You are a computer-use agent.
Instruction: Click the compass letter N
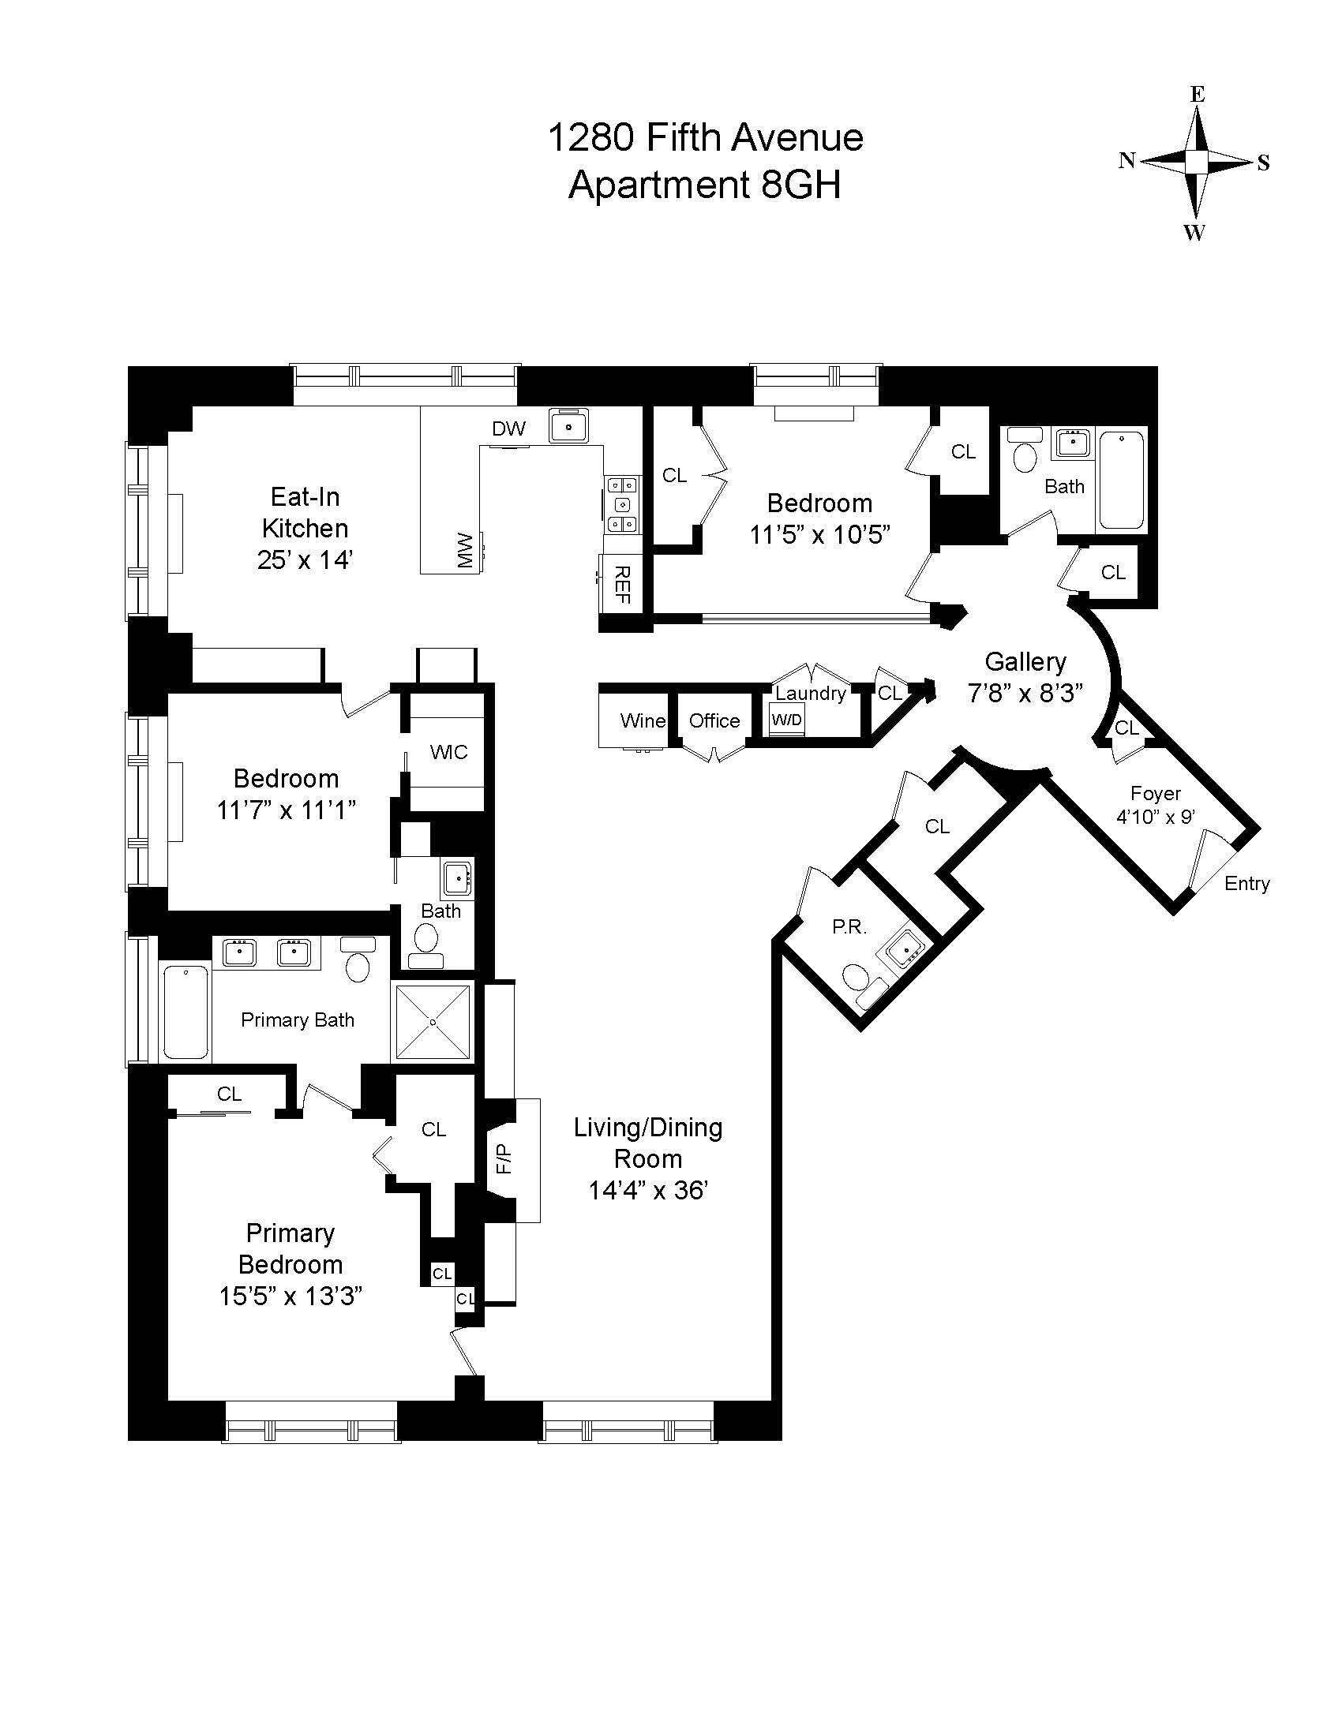1126,160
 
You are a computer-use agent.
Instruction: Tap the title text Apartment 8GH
704,186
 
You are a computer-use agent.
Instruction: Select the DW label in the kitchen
509,429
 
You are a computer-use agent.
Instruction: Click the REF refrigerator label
624,584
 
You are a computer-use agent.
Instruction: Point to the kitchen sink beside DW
569,425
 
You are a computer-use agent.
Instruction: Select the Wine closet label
643,721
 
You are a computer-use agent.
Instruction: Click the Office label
714,721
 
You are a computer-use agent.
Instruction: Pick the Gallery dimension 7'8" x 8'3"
1025,693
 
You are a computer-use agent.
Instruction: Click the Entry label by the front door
1246,883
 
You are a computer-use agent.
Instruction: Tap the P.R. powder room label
849,927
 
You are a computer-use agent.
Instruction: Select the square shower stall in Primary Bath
433,1022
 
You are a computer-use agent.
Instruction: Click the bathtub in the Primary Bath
186,1011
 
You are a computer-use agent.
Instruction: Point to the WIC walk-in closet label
448,752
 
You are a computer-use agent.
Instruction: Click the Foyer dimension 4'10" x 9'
1155,817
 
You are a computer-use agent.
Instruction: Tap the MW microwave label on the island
466,550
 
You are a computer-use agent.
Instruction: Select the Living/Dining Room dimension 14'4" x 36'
647,1191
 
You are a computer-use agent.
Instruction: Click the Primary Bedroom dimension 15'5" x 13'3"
291,1296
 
